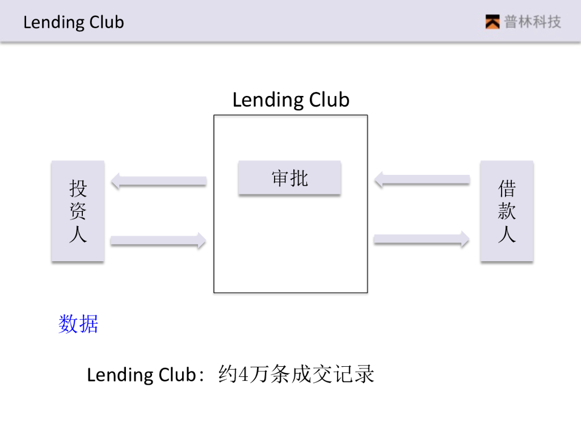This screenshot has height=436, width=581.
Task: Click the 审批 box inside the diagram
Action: (x=289, y=178)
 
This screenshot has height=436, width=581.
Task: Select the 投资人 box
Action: (x=78, y=211)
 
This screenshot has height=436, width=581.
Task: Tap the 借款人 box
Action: (x=507, y=211)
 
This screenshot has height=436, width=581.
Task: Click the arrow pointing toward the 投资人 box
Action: (x=159, y=182)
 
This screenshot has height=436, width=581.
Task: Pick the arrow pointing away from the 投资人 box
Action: (x=158, y=241)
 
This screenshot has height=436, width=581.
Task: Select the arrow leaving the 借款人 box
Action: (x=422, y=181)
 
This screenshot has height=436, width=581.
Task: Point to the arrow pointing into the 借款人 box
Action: (x=421, y=240)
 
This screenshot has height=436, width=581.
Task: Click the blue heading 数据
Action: (x=78, y=324)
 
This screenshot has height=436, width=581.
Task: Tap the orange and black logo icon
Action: (x=492, y=22)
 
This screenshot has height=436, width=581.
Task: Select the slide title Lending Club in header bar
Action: (x=74, y=23)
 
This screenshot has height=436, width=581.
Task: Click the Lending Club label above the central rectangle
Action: (x=290, y=100)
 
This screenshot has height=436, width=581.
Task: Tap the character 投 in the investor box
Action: (x=78, y=187)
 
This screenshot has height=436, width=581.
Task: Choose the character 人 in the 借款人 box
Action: (x=507, y=234)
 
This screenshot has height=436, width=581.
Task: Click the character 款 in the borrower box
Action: (x=507, y=211)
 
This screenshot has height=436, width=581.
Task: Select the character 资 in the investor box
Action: (x=78, y=211)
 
